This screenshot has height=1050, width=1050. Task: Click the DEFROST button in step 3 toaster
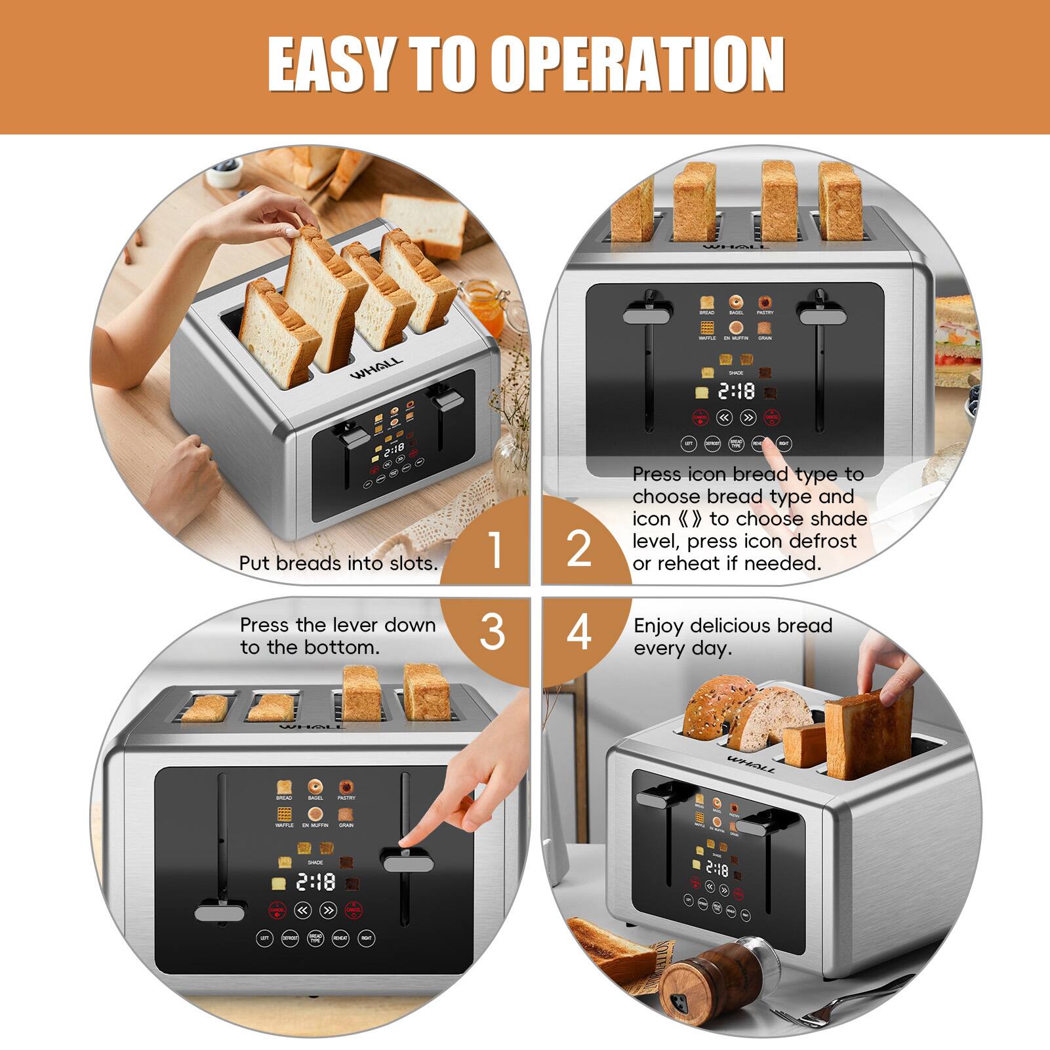pyautogui.click(x=290, y=939)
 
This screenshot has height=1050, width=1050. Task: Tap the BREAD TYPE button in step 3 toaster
pyautogui.click(x=315, y=939)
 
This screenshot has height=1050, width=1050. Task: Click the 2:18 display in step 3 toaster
pyautogui.click(x=315, y=882)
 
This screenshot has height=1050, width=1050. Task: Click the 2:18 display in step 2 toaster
pyautogui.click(x=736, y=392)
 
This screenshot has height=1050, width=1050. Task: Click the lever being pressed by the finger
pyautogui.click(x=407, y=860)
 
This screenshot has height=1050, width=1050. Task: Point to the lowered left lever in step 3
pyautogui.click(x=220, y=912)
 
